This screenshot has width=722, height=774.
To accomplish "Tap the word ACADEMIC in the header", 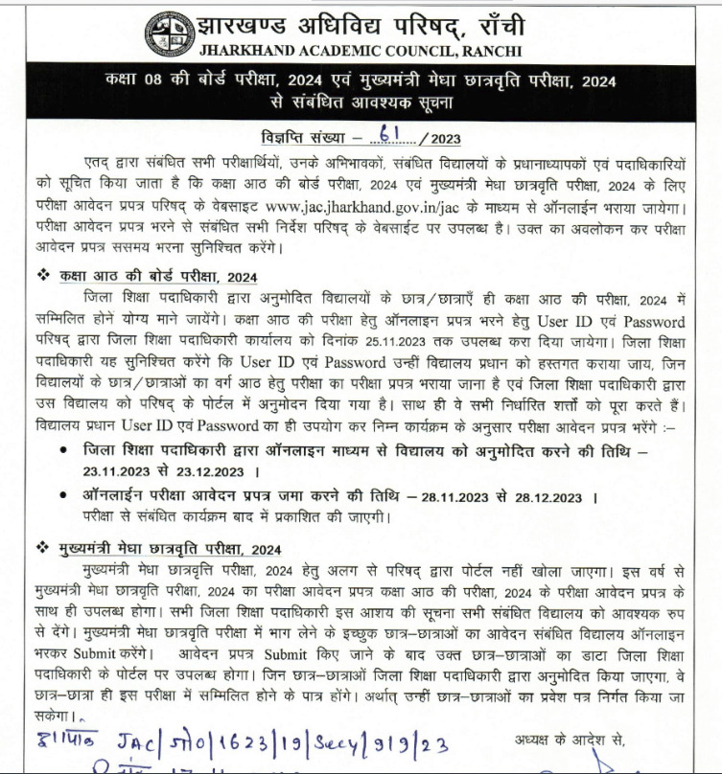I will point(319,50).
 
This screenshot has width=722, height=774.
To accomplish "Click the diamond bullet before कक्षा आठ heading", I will point(41,276).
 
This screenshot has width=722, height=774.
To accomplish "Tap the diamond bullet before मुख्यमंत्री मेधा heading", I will point(41,548).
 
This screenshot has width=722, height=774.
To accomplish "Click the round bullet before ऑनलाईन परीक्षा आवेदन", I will point(62,497).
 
